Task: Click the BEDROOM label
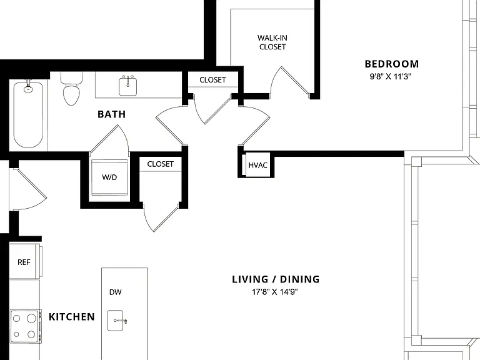[x=391, y=64]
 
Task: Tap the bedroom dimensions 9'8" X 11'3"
[x=390, y=76]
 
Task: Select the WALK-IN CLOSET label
[x=272, y=42]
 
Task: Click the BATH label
[x=111, y=114]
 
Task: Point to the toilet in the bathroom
[x=71, y=89]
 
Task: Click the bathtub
[x=28, y=114]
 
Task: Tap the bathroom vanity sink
[x=127, y=86]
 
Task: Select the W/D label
[x=109, y=177]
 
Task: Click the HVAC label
[x=257, y=165]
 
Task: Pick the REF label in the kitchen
[x=24, y=262]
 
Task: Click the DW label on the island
[x=116, y=292]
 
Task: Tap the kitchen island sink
[x=116, y=321]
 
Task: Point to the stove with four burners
[x=25, y=326]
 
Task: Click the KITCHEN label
[x=72, y=317]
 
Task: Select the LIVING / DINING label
[x=276, y=279]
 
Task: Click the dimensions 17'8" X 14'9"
[x=274, y=292]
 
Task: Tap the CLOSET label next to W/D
[x=160, y=164]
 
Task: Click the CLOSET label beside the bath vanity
[x=212, y=80]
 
